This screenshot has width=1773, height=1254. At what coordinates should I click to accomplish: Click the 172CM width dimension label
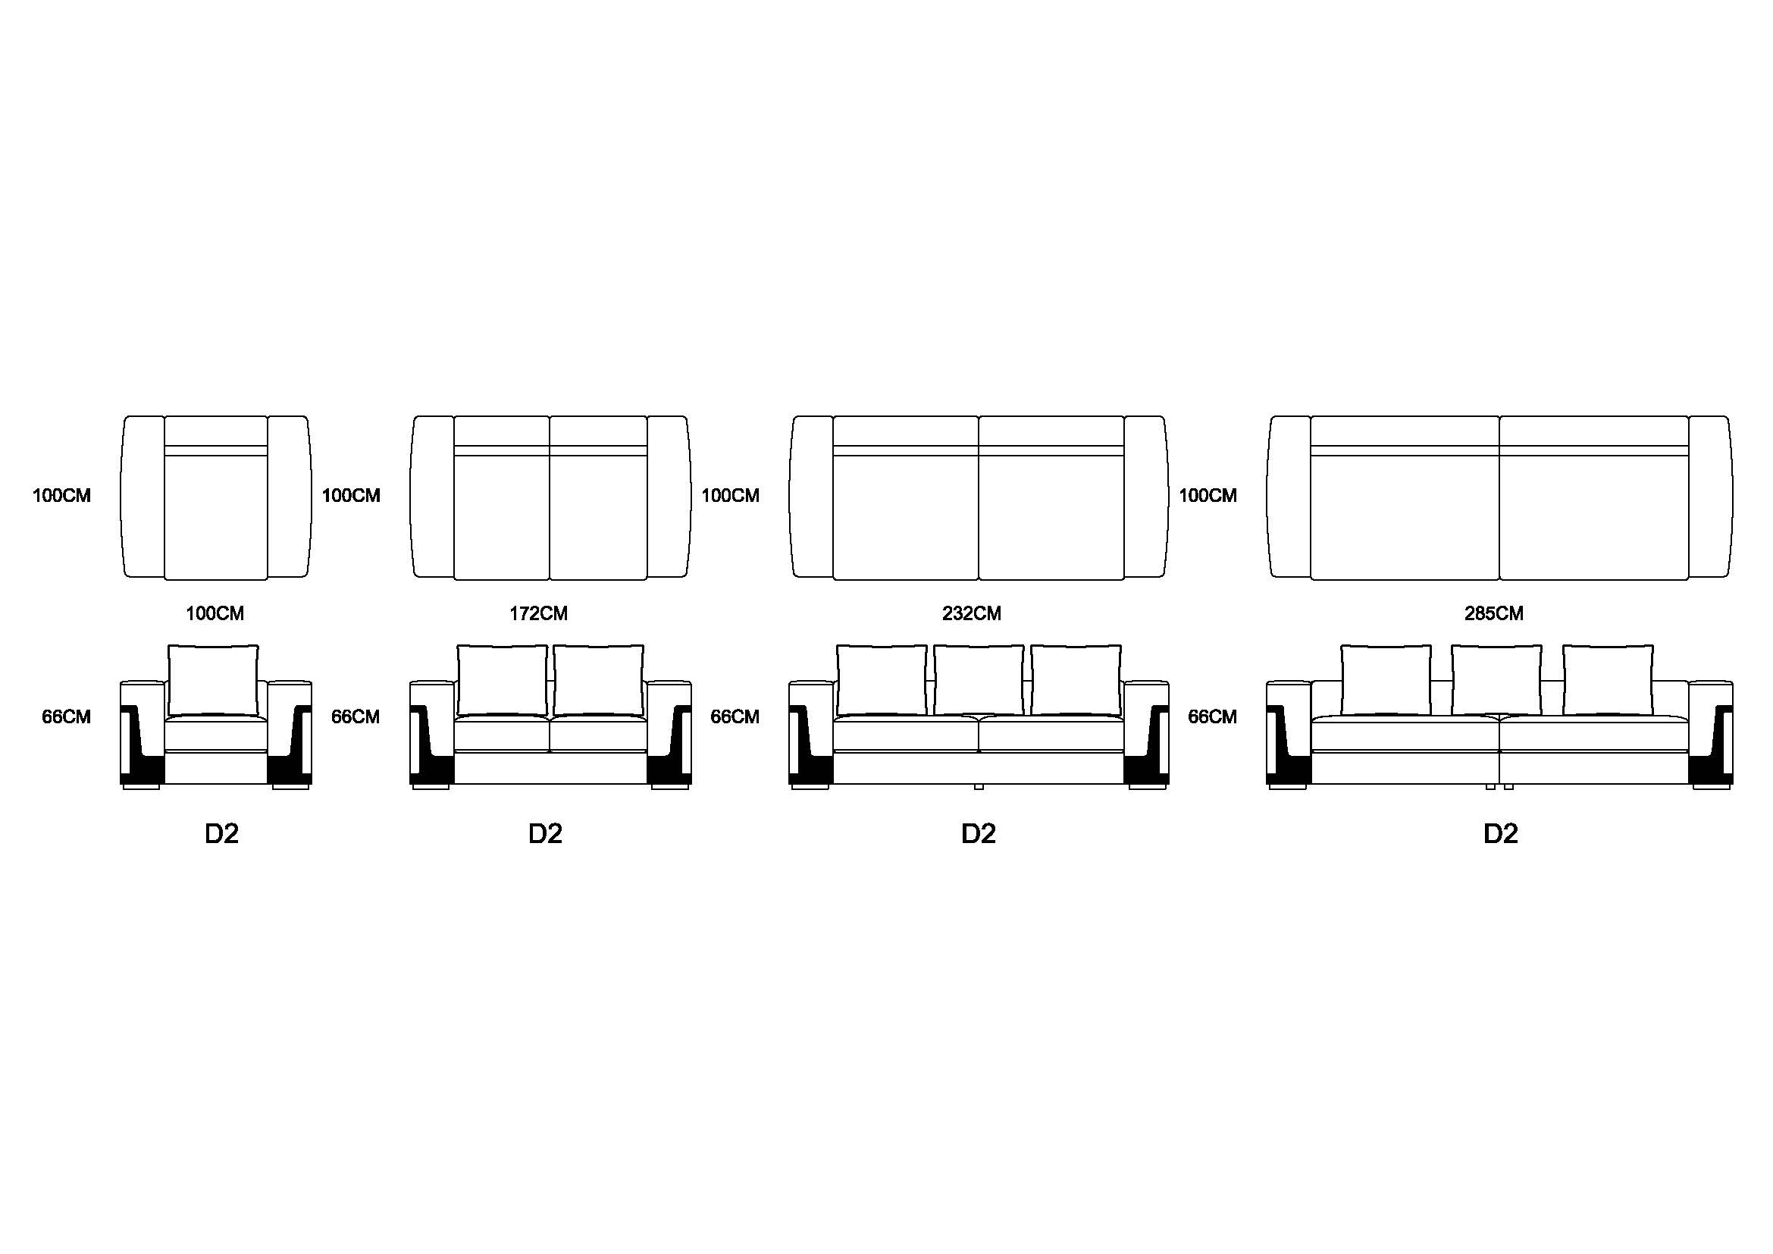[538, 614]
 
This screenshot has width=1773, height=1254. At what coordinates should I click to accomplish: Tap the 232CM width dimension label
[972, 614]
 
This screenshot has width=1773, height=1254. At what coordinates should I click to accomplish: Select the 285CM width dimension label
[1493, 614]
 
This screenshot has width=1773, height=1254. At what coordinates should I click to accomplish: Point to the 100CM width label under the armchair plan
[215, 614]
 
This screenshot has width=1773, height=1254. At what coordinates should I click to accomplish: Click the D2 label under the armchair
[221, 834]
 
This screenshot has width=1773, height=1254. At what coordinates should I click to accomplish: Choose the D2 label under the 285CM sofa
[1500, 834]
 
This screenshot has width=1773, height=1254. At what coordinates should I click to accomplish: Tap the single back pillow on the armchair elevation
[213, 680]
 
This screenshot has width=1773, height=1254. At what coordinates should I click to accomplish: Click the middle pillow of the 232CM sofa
[979, 680]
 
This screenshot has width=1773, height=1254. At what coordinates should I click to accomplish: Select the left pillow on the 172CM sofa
[502, 680]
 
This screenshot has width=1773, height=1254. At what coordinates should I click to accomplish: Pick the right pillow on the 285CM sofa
[1608, 680]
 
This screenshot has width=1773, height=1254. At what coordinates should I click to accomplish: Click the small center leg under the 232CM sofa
[979, 787]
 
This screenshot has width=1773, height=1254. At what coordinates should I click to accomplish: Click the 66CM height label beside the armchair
[67, 717]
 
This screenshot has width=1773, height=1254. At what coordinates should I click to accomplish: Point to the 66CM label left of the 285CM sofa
[1212, 717]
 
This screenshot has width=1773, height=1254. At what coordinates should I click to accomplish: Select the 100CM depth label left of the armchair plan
[61, 496]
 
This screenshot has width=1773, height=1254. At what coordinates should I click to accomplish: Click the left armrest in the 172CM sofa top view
[432, 497]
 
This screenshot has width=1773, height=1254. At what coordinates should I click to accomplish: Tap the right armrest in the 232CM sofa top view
[1146, 497]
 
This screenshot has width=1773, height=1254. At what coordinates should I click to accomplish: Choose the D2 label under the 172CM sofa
[545, 834]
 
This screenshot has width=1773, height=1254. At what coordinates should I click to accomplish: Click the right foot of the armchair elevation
[291, 787]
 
